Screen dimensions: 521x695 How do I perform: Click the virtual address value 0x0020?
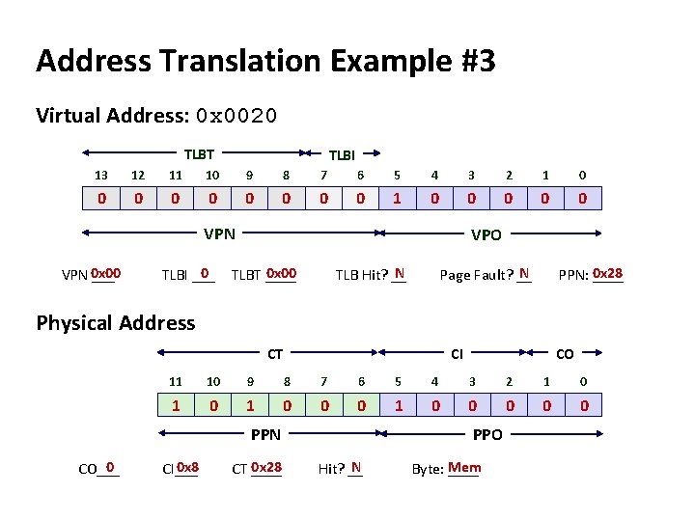pos(236,117)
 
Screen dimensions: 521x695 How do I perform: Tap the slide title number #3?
pos(473,61)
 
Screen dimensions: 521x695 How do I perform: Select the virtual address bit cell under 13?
pos(101,198)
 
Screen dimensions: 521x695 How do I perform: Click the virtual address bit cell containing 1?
pos(398,198)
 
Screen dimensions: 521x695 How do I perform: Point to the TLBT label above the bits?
pos(199,153)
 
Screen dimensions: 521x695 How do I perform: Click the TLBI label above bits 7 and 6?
pos(342,154)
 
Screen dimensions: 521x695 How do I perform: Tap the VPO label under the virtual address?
pos(486,233)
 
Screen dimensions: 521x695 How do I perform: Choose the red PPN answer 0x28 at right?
pos(607,273)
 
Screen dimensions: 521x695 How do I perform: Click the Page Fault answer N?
pos(523,273)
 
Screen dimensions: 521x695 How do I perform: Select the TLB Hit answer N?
pos(399,273)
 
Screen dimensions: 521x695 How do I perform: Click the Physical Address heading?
pos(115,322)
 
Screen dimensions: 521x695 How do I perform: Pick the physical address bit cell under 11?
pos(176,405)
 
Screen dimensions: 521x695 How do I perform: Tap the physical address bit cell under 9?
pos(250,405)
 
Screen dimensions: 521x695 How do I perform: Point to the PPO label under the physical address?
pos(487,435)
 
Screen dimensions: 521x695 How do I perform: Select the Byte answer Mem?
pos(464,468)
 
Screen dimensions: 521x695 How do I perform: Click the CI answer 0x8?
pos(187,468)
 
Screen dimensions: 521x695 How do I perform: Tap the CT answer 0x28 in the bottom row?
pos(265,468)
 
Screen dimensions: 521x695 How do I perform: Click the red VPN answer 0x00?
pos(105,273)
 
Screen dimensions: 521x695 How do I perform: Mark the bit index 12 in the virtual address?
pos(138,175)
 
